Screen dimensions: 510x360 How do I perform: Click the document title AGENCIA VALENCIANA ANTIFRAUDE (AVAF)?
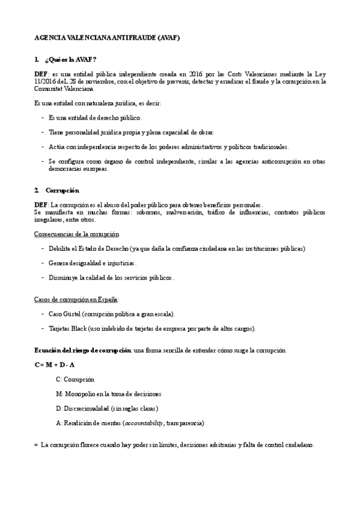coord(108,37)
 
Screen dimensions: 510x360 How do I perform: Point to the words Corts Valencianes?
coord(252,73)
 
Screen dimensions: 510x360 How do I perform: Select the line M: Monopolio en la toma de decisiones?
coord(108,394)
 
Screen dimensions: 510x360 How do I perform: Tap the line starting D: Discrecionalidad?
coord(103,408)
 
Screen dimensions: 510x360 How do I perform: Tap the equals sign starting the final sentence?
coord(36,445)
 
